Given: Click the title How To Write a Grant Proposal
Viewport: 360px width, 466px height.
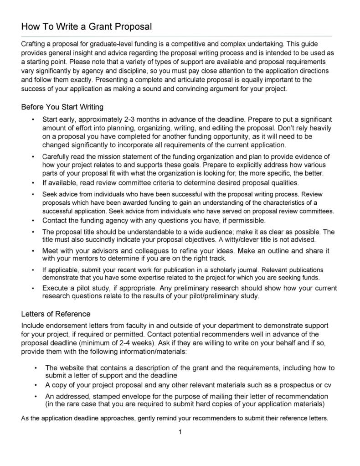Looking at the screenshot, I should pyautogui.click(x=87, y=27).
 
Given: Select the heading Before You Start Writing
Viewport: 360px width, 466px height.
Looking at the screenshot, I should pyautogui.click(x=62, y=107).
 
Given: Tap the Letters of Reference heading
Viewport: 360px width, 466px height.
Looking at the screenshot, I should pyautogui.click(x=56, y=314).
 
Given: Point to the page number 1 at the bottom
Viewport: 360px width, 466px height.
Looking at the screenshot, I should pyautogui.click(x=180, y=432).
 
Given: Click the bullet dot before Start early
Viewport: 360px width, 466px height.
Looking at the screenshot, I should pyautogui.click(x=33, y=119).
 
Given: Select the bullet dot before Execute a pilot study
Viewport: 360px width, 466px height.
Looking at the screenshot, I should pyautogui.click(x=33, y=288).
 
